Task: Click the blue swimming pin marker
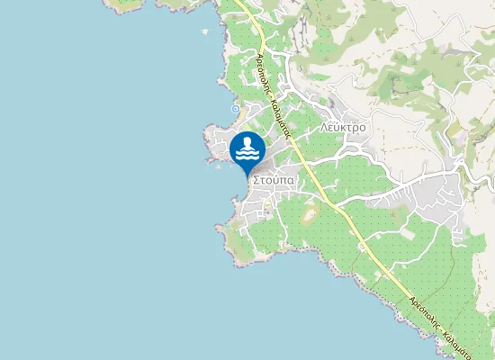[247, 150]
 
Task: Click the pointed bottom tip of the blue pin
[247, 175]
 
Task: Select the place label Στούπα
[274, 180]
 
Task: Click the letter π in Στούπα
[283, 180]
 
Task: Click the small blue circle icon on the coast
[235, 109]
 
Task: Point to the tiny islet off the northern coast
[205, 32]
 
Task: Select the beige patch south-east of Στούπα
[310, 214]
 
